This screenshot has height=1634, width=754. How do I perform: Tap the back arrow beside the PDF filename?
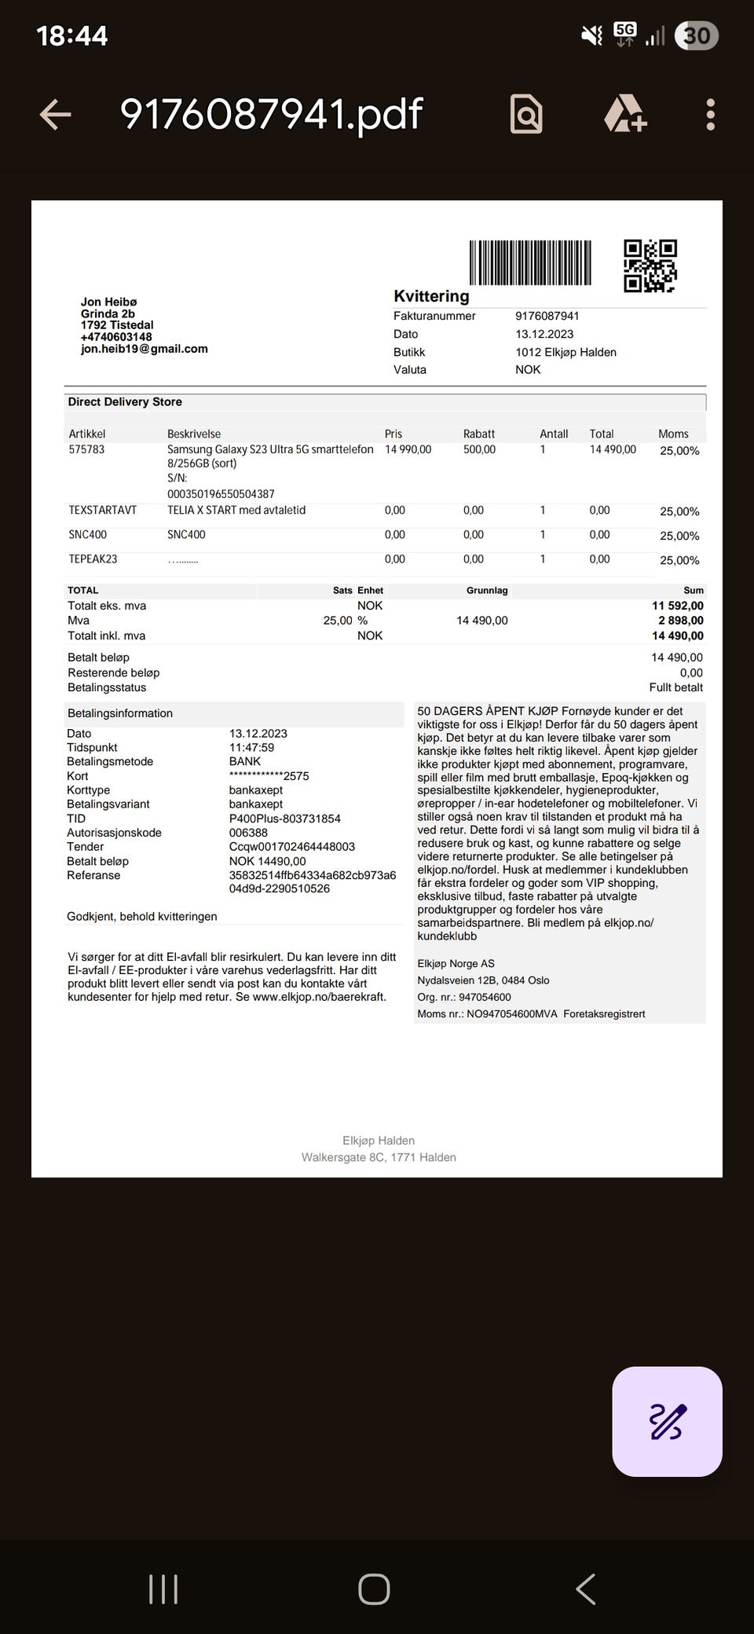[55, 115]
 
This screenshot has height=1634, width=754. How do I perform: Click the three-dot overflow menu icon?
[710, 115]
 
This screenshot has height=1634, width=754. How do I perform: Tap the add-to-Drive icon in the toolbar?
[624, 115]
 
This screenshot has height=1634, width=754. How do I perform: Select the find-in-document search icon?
[526, 115]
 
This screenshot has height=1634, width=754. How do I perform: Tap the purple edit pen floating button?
[667, 1421]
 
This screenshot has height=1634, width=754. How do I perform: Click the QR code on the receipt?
[650, 266]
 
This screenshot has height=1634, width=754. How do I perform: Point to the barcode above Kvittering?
[530, 262]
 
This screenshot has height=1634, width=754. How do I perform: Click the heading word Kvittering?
[431, 296]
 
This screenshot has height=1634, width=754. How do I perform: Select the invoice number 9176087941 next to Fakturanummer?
[547, 316]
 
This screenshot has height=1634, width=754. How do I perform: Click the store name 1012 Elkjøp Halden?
[565, 352]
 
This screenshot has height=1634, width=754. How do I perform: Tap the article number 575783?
[86, 449]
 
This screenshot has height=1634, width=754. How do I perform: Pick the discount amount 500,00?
[479, 449]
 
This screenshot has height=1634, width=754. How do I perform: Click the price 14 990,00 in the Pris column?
[408, 449]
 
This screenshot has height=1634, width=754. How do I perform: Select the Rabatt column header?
[479, 434]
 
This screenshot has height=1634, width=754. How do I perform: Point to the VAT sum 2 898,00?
[680, 621]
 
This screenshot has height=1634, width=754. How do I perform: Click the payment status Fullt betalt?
[675, 687]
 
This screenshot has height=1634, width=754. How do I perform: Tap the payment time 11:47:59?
[251, 748]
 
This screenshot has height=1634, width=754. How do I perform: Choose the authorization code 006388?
[248, 833]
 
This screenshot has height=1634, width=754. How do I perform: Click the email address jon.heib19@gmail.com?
[145, 349]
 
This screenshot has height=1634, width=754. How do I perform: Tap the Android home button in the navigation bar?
[374, 1589]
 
